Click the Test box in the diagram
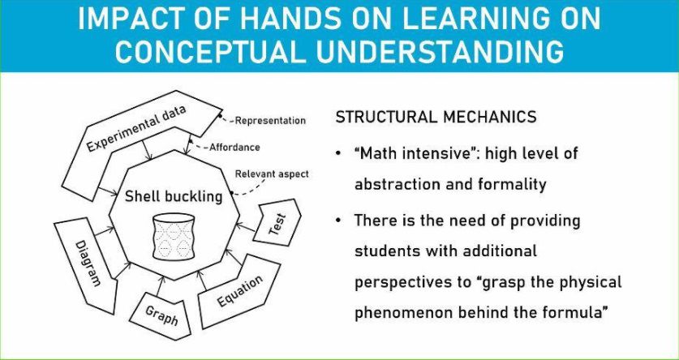(x=277, y=223)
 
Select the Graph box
(x=161, y=315)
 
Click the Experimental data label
(x=136, y=128)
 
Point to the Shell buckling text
(x=174, y=196)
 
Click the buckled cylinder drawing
(x=174, y=237)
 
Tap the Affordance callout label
(x=234, y=147)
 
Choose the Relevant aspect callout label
(x=272, y=174)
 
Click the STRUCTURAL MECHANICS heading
(x=436, y=118)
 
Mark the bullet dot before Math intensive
(x=338, y=154)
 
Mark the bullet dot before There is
(x=338, y=221)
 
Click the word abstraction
(x=400, y=185)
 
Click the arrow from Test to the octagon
(x=247, y=228)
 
